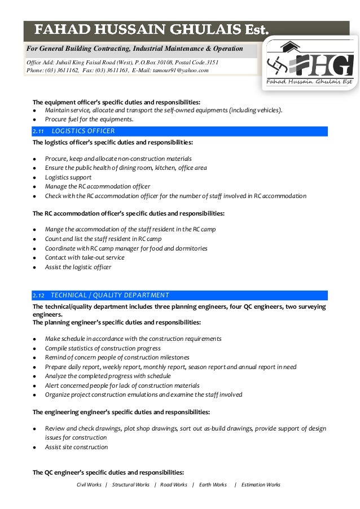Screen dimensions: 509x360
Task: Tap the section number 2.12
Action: (x=38, y=295)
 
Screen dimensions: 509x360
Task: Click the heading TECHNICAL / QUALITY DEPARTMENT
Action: (x=109, y=295)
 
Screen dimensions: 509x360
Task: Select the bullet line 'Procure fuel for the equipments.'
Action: (x=89, y=119)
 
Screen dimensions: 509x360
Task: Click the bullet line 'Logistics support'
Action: (x=68, y=177)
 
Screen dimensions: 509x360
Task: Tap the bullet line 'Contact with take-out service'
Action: (x=85, y=257)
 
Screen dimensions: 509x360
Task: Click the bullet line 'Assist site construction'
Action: (x=76, y=447)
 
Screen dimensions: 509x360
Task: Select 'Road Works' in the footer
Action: (x=173, y=485)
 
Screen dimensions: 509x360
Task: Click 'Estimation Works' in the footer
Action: (x=260, y=485)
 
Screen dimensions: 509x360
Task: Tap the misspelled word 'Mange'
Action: (x=54, y=229)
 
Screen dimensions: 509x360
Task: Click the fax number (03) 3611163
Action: (x=106, y=71)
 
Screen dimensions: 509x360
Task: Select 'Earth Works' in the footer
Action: (x=213, y=485)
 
